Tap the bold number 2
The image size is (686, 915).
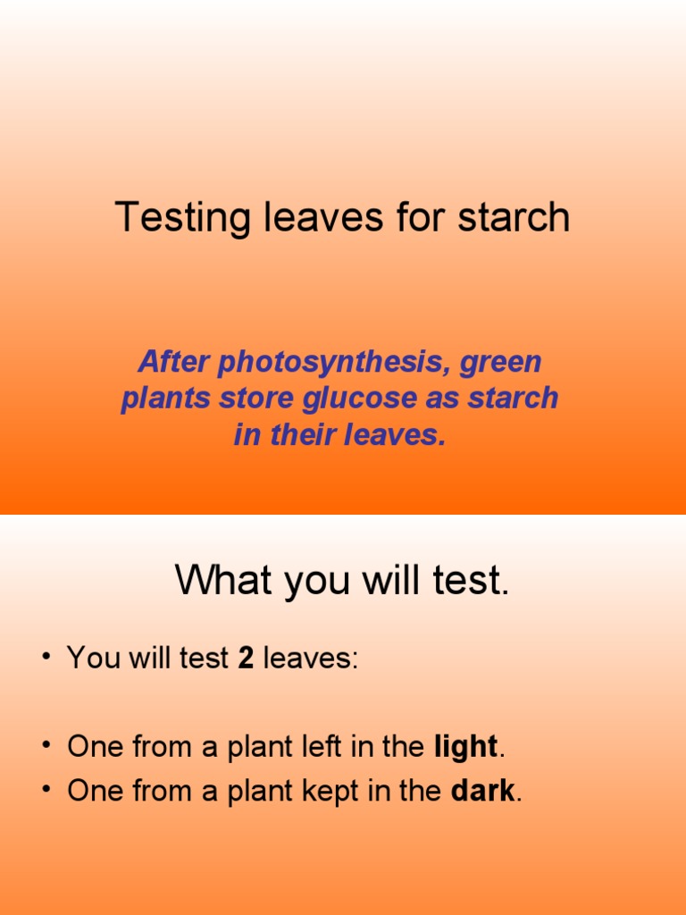246,659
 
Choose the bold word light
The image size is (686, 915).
465,747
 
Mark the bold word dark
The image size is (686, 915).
482,791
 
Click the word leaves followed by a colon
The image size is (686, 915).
310,659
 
